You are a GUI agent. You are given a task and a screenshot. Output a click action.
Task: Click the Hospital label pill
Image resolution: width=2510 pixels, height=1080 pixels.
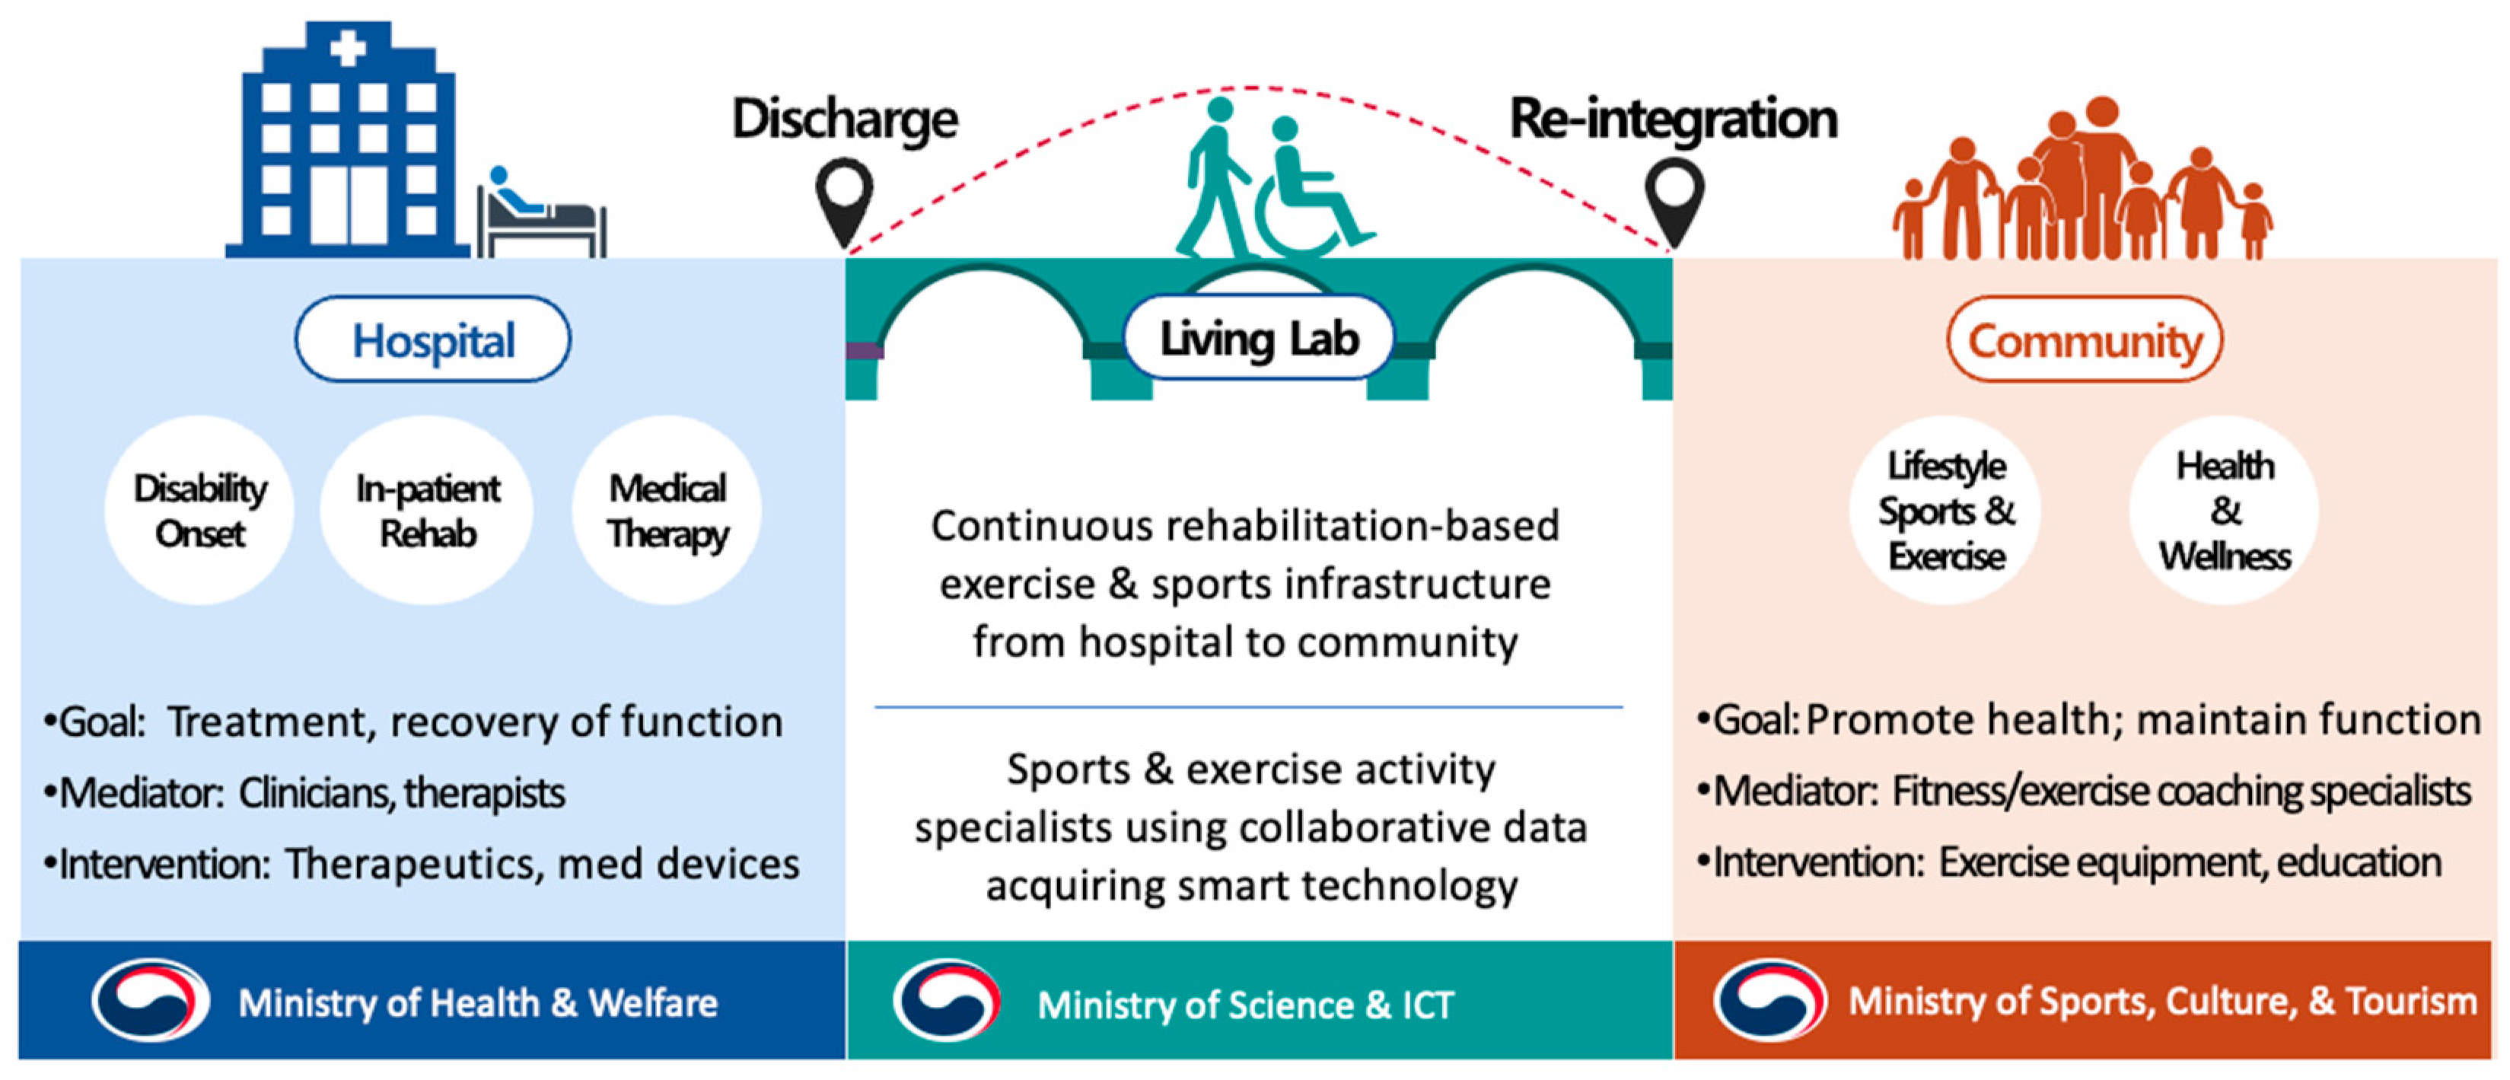432,340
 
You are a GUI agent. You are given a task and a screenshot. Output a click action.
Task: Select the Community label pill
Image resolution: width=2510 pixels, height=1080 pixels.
2085,340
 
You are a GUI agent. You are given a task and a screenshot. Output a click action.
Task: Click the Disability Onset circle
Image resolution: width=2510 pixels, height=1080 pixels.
199,511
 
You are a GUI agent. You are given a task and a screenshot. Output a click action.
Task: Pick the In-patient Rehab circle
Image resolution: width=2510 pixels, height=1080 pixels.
428,511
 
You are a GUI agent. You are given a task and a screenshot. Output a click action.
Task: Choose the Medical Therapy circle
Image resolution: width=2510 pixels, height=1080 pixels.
667,511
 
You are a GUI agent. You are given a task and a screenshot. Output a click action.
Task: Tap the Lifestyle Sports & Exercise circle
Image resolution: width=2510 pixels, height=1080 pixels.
1946,511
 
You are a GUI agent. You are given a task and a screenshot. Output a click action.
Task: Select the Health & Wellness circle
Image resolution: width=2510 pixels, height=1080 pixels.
2225,511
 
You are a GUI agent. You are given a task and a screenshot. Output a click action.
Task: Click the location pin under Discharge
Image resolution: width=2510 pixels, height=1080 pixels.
844,200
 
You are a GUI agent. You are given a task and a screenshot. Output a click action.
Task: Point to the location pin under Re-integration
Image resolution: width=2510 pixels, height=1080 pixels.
1674,200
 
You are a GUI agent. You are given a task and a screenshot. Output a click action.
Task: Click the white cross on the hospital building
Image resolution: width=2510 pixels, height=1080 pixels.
348,46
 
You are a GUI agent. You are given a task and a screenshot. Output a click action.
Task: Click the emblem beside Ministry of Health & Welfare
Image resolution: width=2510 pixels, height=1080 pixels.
151,1000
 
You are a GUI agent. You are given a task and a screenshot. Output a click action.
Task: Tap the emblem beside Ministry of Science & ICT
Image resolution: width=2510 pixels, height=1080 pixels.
946,1001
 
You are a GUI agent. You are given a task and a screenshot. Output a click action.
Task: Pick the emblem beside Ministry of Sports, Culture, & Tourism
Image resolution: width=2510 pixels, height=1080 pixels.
1769,1000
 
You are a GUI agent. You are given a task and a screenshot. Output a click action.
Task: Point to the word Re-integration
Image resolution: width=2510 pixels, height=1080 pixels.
1673,119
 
